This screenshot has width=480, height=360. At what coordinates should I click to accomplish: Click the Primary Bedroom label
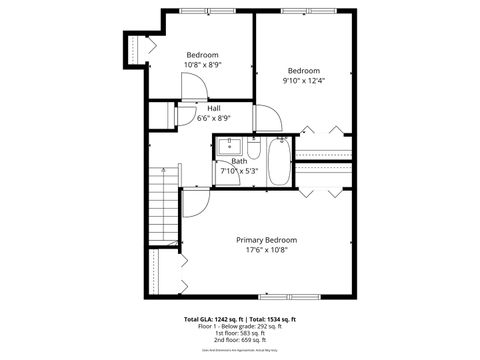[x=266, y=240]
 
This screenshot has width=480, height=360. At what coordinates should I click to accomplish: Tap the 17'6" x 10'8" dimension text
[x=266, y=251]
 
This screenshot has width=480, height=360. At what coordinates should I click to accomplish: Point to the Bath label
[x=239, y=161]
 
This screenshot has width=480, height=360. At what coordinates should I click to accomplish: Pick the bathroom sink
[x=229, y=146]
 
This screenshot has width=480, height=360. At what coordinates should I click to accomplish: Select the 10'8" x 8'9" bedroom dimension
[x=203, y=65]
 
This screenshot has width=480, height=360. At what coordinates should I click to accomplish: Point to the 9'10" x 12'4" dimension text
[x=304, y=82]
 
